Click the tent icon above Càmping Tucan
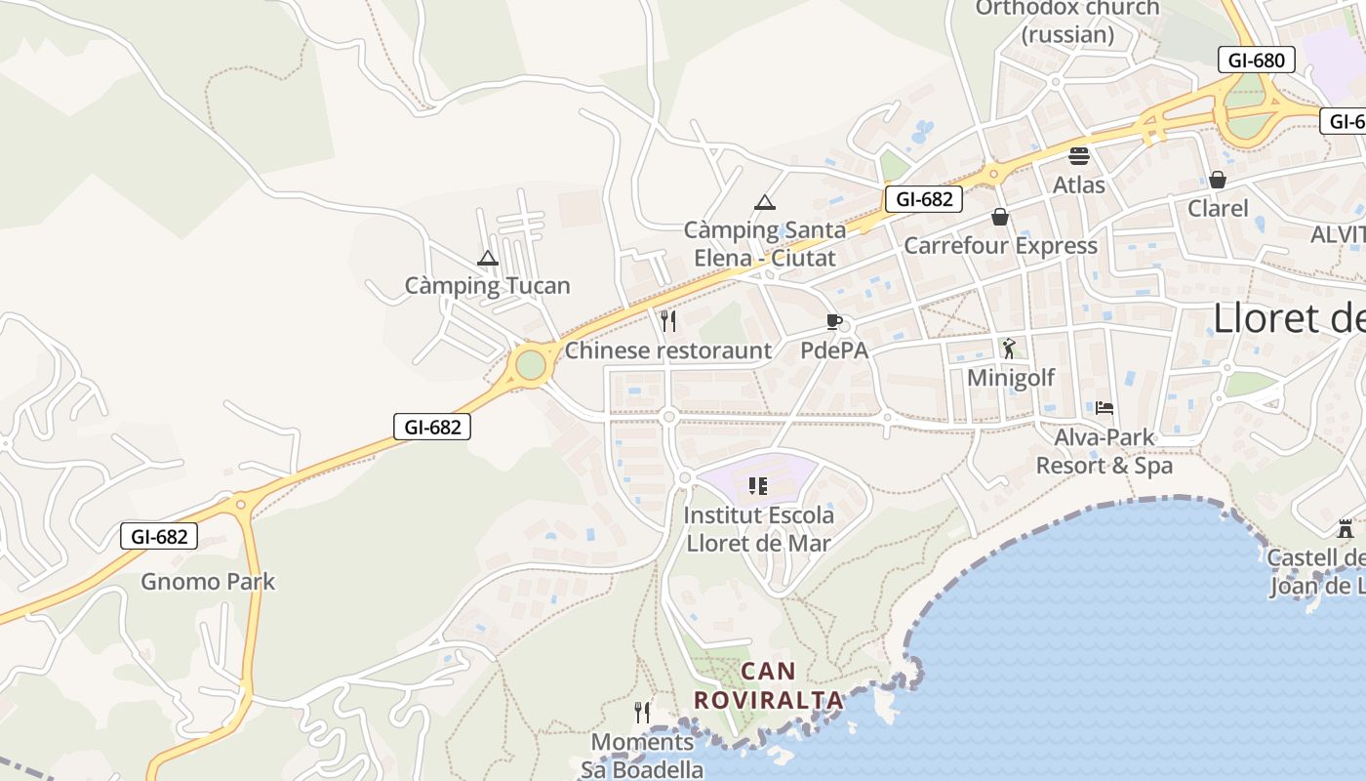click(x=488, y=259)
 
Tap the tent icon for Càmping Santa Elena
click(x=765, y=203)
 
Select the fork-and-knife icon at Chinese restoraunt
click(x=668, y=320)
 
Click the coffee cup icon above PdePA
click(x=834, y=321)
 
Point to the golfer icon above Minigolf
click(x=1009, y=348)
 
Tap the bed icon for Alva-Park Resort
click(x=1105, y=407)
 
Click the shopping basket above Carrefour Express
click(x=1000, y=217)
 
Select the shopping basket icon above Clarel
click(x=1218, y=180)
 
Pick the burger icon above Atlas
click(x=1079, y=155)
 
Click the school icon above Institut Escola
click(x=758, y=485)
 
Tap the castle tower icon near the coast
click(x=1346, y=529)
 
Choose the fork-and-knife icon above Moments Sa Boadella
click(x=642, y=712)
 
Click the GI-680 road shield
click(x=1257, y=60)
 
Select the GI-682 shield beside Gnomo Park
click(x=159, y=536)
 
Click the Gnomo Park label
click(x=208, y=582)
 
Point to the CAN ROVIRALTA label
click(x=769, y=685)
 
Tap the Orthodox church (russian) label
click(x=1067, y=21)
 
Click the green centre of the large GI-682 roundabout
click(x=530, y=364)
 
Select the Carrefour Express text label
click(x=1000, y=245)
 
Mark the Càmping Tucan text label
click(x=488, y=286)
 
